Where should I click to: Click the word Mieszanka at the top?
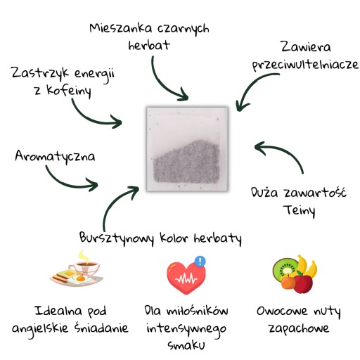coord(121,28)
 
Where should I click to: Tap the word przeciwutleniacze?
coord(305,65)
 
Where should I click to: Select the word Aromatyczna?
coord(55,156)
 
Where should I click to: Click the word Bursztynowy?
coord(117,238)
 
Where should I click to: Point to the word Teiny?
coord(299,210)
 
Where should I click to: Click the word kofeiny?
coord(69,91)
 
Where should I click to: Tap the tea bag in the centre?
coord(187,149)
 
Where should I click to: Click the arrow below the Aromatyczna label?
coord(68,184)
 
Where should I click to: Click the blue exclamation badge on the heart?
coord(200,261)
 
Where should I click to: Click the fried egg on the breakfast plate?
coord(80,279)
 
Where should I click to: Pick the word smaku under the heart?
coord(186,345)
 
